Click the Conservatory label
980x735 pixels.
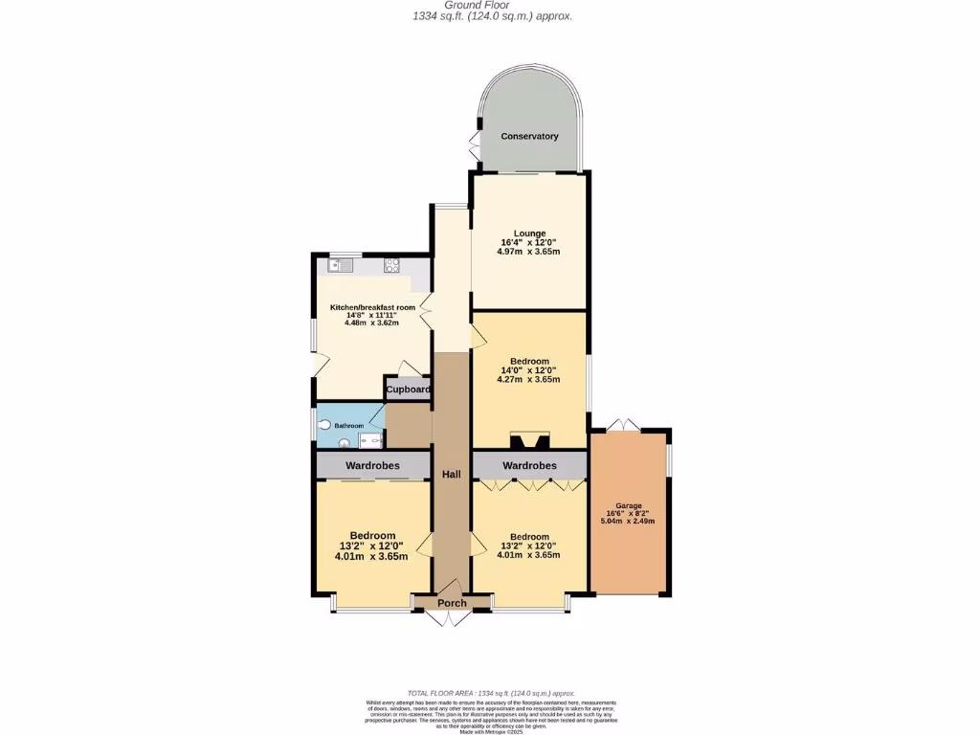pos(529,137)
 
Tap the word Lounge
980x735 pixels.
pos(529,234)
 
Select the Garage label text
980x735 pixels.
pos(629,505)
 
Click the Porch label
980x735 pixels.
pos(452,603)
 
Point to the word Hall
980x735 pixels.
pos(452,474)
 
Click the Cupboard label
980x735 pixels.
pos(408,390)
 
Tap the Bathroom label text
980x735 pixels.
pos(348,425)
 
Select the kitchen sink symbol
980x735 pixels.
pos(340,265)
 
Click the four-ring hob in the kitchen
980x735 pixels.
pos(391,265)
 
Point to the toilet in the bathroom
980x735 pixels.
pos(323,424)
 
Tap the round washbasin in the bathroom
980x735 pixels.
pos(345,443)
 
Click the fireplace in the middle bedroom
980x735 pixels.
pos(529,441)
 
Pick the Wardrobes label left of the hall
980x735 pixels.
pos(373,465)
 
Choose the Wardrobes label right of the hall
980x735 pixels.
pos(529,465)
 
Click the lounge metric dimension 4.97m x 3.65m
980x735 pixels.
pos(528,252)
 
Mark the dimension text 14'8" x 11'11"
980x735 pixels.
pos(371,315)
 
